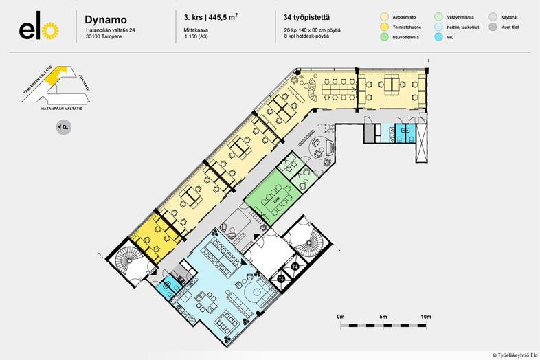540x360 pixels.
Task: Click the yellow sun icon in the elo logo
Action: [49, 31]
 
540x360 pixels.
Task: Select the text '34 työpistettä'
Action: [306, 16]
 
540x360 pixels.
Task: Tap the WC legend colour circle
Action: [439, 38]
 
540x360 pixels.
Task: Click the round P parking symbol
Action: [63, 127]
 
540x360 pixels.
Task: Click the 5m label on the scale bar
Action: [383, 317]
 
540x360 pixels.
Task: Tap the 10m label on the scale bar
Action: [426, 317]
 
